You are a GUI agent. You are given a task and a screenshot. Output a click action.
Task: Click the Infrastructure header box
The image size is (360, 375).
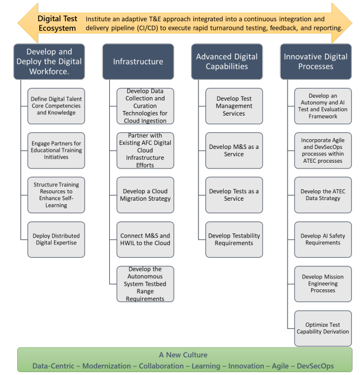click(138, 62)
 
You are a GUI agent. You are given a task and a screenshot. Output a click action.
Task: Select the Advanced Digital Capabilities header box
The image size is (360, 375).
click(227, 62)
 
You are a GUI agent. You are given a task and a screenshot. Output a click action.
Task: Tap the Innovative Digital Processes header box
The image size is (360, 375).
click(316, 62)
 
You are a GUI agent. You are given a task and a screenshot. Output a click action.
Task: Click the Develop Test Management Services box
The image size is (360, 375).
click(234, 106)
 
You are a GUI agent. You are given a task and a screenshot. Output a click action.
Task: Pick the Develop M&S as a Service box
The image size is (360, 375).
click(234, 151)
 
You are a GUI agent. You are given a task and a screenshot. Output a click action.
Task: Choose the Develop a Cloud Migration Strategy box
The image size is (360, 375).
click(145, 195)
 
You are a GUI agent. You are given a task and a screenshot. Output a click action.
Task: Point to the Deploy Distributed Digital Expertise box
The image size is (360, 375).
click(56, 239)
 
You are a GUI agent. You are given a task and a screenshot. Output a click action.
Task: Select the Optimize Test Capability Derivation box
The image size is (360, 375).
click(323, 328)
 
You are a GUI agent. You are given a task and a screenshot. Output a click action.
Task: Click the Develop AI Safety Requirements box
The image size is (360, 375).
click(323, 239)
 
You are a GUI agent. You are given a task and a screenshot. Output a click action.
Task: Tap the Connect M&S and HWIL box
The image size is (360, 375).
click(145, 239)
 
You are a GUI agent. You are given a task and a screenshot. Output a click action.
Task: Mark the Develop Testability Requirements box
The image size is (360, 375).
click(234, 239)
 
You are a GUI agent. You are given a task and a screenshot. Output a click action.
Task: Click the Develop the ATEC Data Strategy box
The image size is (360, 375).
click(323, 195)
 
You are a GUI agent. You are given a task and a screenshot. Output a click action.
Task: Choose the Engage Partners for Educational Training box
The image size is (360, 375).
click(56, 151)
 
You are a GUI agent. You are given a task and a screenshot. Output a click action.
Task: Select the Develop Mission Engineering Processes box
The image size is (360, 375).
click(323, 284)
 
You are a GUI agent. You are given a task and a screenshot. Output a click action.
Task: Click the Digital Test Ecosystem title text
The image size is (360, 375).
click(57, 23)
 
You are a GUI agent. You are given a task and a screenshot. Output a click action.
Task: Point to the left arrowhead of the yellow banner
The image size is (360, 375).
click(28, 23)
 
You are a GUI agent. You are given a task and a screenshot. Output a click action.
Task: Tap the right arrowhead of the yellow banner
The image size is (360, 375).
click(342, 23)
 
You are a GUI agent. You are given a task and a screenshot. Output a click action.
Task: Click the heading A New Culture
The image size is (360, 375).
click(183, 355)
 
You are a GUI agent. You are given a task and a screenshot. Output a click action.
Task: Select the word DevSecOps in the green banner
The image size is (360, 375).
click(315, 366)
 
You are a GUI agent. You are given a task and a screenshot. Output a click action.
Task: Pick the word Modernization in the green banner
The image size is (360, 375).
click(106, 366)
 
